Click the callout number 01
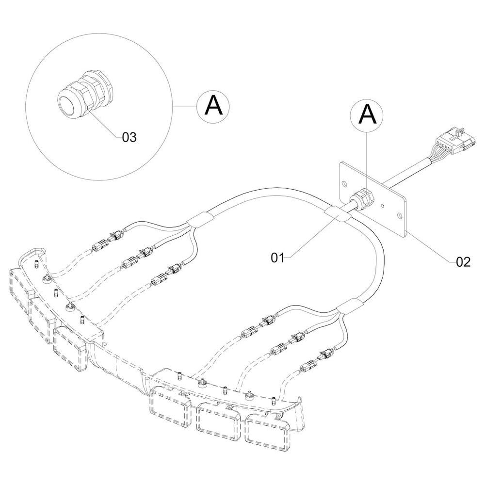pos(277,258)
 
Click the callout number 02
pos(463,262)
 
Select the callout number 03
pos(129,137)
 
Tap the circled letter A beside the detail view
pos(213,105)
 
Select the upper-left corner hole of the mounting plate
pos(344,183)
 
